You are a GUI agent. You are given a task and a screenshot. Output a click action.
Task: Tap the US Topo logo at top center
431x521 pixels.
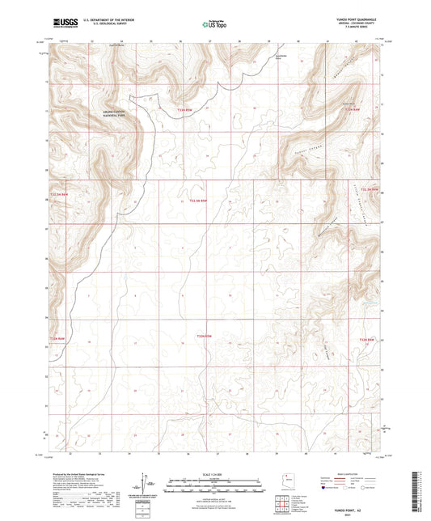(x=215, y=24)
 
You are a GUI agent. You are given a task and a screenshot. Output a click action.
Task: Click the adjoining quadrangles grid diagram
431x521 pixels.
(x=281, y=504)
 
